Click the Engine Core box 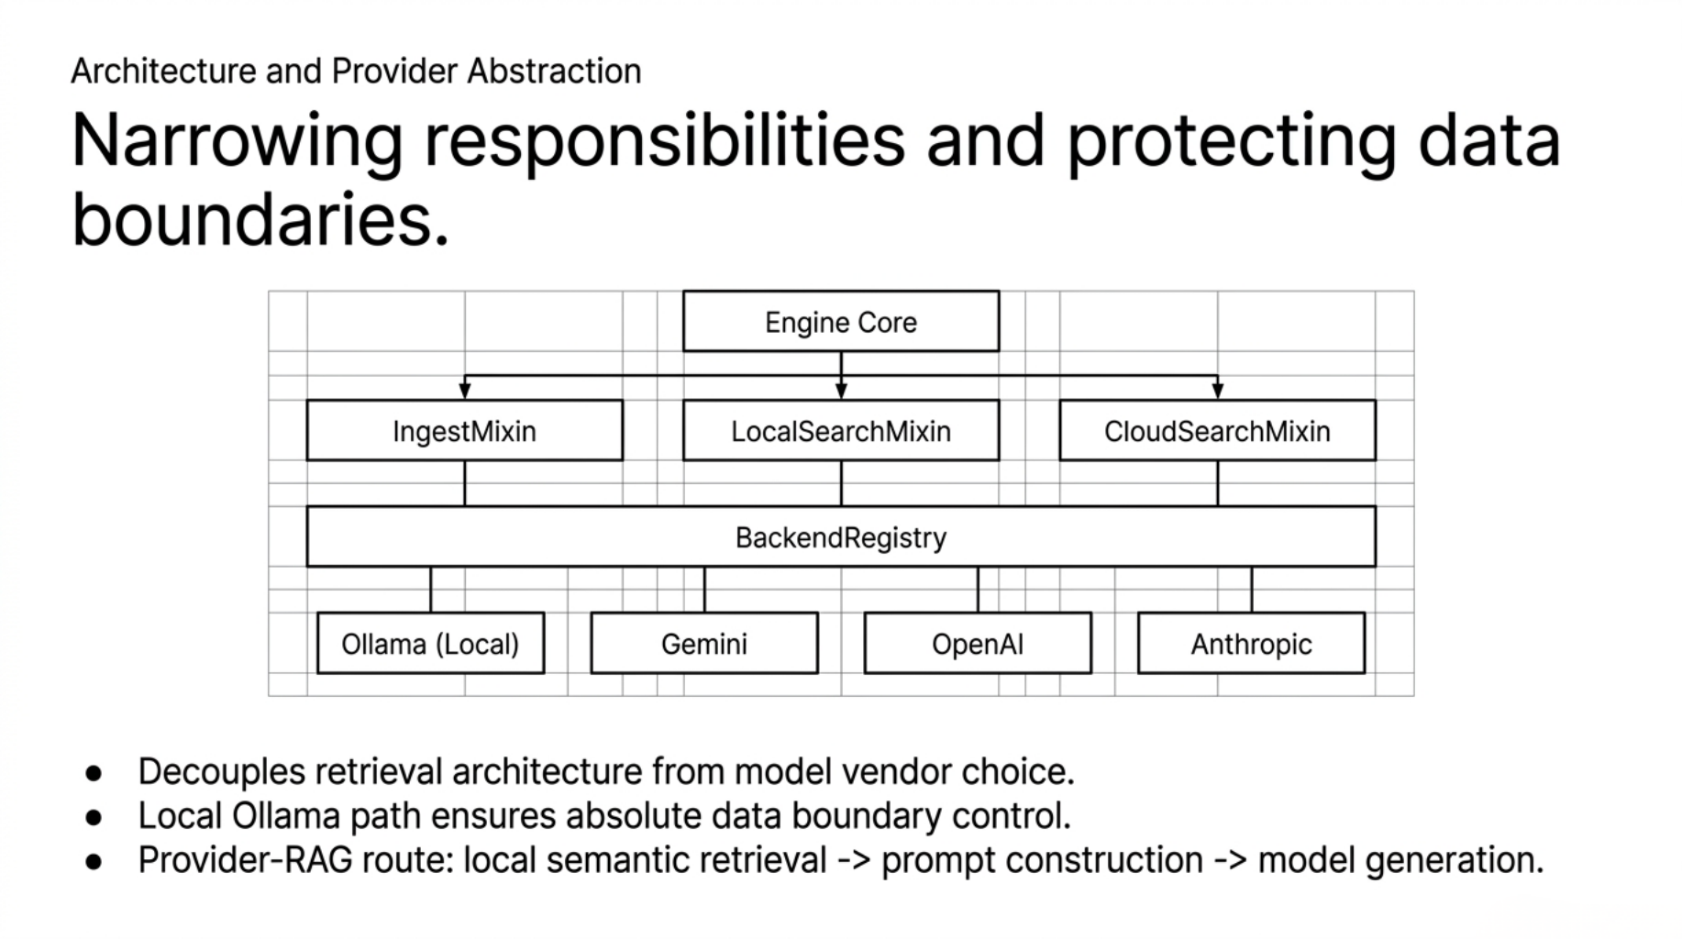point(840,322)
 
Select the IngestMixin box point(464,431)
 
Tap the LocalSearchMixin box point(840,431)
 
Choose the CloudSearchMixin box point(1217,431)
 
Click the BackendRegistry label point(840,537)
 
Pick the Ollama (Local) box point(430,644)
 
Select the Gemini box point(703,644)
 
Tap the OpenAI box point(977,644)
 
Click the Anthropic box point(1251,644)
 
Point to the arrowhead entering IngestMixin point(465,392)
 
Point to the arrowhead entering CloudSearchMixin point(1218,392)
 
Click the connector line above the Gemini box point(704,590)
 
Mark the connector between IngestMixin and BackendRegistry point(465,483)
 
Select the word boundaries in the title point(260,221)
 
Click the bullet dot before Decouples point(94,773)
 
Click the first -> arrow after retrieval point(853,861)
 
